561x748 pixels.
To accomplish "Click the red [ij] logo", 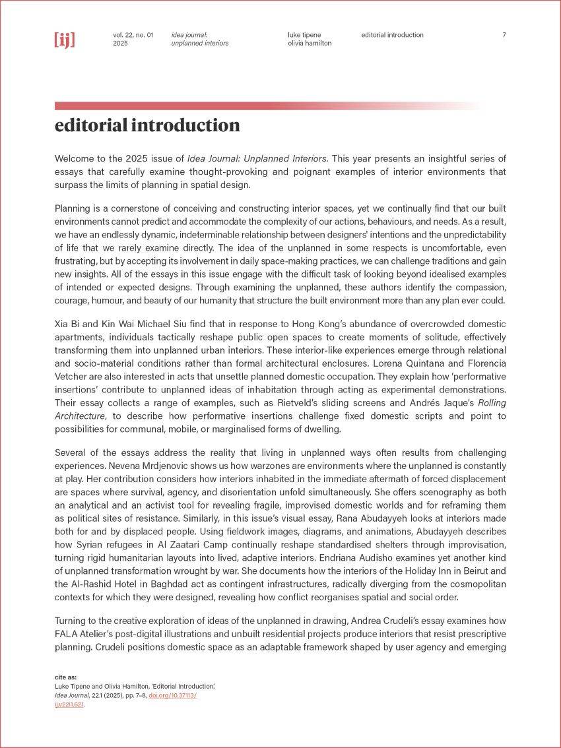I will click(65, 40).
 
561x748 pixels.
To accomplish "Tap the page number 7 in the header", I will click(504, 35).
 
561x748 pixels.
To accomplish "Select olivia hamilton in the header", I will click(310, 44).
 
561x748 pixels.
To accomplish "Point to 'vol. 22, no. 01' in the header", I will click(133, 35).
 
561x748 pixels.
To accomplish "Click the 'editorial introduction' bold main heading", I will click(147, 125).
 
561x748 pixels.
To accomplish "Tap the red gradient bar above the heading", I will click(264, 106).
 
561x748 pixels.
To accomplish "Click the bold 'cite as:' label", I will click(65, 677).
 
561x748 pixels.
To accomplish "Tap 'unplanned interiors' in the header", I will click(199, 44).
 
